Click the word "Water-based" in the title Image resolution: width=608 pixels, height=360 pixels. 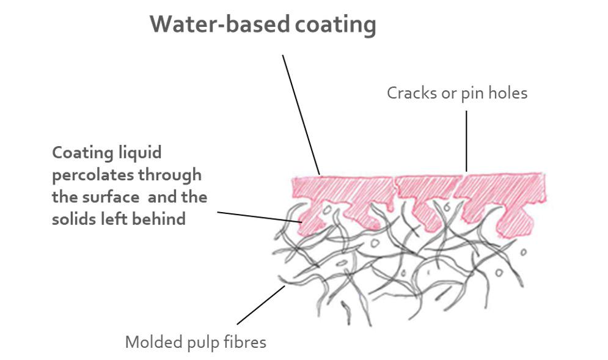219,24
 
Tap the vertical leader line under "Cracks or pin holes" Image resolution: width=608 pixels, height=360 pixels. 466,141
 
